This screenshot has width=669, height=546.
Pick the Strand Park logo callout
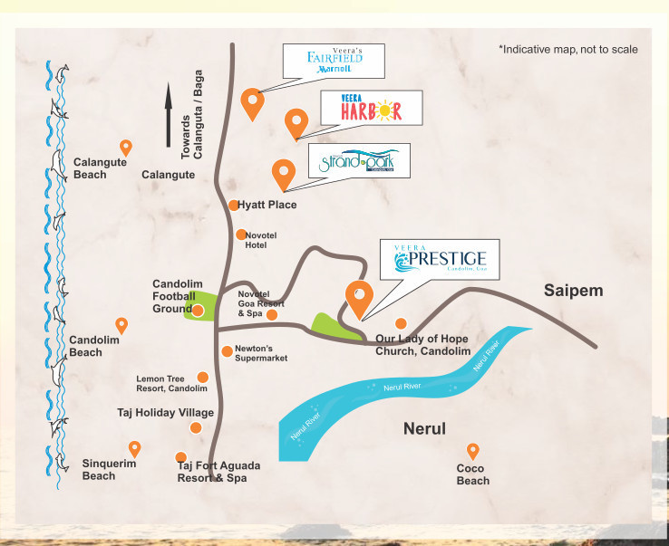coord(358,162)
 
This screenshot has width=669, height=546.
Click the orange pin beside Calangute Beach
coord(126,148)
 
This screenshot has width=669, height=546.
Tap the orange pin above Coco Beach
coord(471,450)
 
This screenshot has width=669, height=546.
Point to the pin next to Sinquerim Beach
coord(135,448)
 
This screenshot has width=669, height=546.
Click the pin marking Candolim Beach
coord(121,325)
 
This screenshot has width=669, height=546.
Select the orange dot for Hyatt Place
coord(233,206)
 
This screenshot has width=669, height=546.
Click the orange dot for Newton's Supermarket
coord(227,351)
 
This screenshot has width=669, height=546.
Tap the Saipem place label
coord(573,290)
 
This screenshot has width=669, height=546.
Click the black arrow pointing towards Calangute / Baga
coord(169,113)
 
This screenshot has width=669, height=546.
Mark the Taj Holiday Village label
coord(166,413)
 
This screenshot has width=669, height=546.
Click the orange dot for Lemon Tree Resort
coord(202,377)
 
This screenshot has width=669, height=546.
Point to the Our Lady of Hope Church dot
coord(400,323)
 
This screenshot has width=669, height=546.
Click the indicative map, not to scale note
coord(567,48)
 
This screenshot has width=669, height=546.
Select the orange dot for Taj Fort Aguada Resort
coord(181,457)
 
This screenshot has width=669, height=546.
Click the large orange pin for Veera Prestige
coord(359,296)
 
